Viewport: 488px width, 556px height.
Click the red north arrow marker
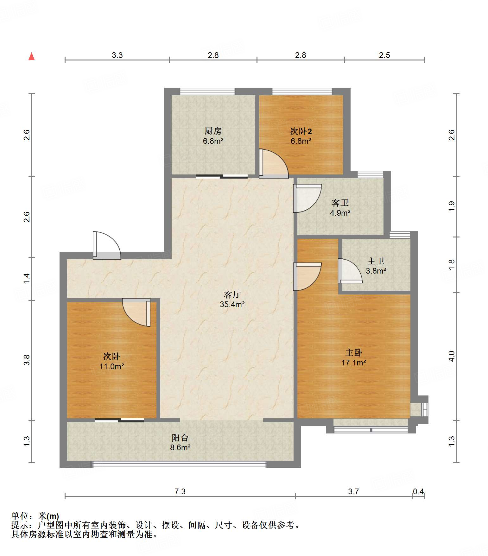(x=31, y=56)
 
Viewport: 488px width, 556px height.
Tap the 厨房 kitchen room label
(x=213, y=131)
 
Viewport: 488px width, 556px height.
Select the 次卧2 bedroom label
(x=301, y=131)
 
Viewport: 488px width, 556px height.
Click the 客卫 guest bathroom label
(x=340, y=203)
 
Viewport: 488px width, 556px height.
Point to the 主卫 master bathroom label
(x=376, y=261)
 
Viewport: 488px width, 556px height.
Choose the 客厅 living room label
(x=232, y=294)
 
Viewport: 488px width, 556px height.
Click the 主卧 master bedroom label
(x=353, y=352)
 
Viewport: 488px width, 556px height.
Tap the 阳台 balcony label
(x=180, y=438)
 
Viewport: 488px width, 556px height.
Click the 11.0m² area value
(x=111, y=367)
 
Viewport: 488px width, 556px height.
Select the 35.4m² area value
(x=232, y=305)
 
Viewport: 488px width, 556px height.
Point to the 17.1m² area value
(x=353, y=363)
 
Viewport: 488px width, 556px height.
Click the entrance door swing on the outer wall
(x=107, y=246)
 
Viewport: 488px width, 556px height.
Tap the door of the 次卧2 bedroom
(x=274, y=163)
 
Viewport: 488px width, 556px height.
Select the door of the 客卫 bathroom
(x=307, y=198)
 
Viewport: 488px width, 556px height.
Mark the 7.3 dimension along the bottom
(x=180, y=491)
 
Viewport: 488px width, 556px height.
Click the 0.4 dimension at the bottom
(x=418, y=491)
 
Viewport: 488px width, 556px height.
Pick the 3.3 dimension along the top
(x=117, y=55)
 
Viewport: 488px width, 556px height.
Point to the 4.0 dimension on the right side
(x=452, y=356)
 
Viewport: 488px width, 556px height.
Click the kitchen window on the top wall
(x=207, y=92)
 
